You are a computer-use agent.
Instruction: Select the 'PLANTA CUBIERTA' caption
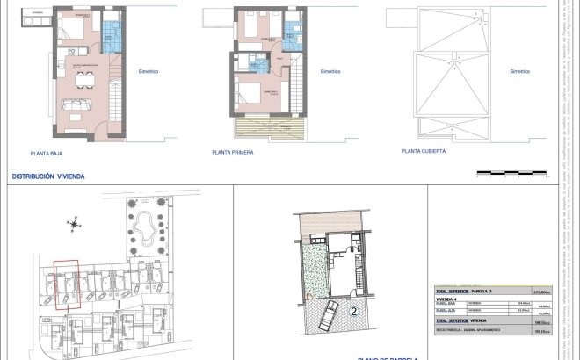pos(423,151)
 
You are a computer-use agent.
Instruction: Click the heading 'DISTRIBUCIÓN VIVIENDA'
pos(48,176)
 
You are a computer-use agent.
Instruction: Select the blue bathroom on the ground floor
pos(111,37)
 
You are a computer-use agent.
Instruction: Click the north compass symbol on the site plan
pos(74,225)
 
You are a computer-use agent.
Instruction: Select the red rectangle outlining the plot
pos(65,283)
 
